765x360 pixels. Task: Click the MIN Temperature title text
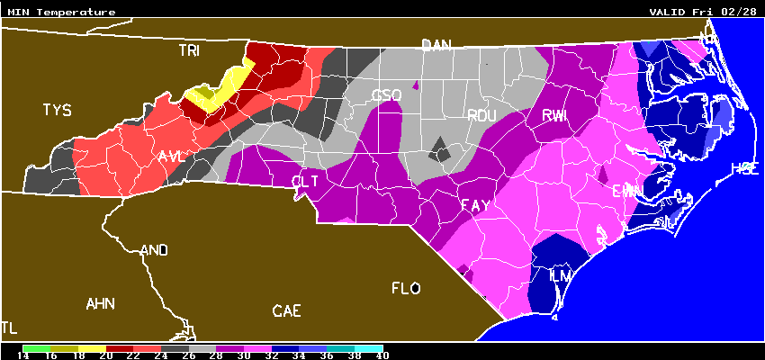[x=61, y=13]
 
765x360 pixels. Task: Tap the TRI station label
[x=189, y=51]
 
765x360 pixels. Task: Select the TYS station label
[x=57, y=111]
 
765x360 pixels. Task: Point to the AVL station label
[x=171, y=157]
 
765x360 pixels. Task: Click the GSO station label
[x=387, y=96]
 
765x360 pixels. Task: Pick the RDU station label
[x=481, y=115]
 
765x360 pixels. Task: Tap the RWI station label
[x=554, y=115]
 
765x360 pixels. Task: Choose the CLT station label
[x=306, y=182]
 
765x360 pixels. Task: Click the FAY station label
[x=475, y=206]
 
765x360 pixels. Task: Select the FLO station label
[x=406, y=289]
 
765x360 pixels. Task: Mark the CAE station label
[x=286, y=311]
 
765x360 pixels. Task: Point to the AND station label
[x=155, y=250]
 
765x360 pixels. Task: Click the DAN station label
[x=436, y=45]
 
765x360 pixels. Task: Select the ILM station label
[x=560, y=274]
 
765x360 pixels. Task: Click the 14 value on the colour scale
[x=23, y=355]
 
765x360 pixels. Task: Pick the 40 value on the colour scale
[x=382, y=355]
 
